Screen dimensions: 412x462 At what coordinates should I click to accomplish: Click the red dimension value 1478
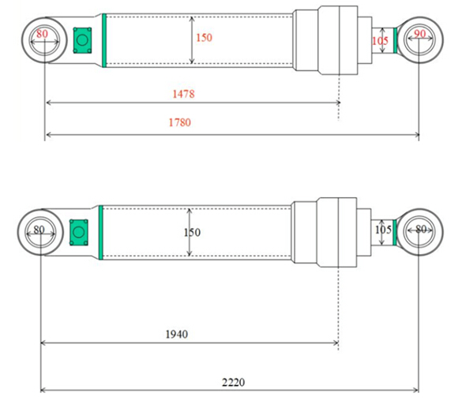183,93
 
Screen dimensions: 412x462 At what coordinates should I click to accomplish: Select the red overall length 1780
180,122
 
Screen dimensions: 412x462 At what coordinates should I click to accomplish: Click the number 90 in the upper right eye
419,34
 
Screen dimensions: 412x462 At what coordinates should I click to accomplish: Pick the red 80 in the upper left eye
42,34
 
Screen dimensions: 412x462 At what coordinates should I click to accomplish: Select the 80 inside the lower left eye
39,230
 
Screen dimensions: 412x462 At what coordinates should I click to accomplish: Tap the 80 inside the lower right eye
420,230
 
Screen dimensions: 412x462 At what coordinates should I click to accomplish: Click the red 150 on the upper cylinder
204,37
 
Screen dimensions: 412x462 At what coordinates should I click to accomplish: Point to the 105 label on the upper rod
380,41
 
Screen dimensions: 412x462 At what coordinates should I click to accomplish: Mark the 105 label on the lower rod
384,230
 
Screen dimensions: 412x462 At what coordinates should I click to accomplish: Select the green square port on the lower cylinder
78,232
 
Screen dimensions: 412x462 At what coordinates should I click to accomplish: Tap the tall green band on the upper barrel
103,40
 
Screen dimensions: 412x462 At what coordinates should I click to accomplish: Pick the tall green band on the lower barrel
101,231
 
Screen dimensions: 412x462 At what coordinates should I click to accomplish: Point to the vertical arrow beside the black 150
189,232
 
